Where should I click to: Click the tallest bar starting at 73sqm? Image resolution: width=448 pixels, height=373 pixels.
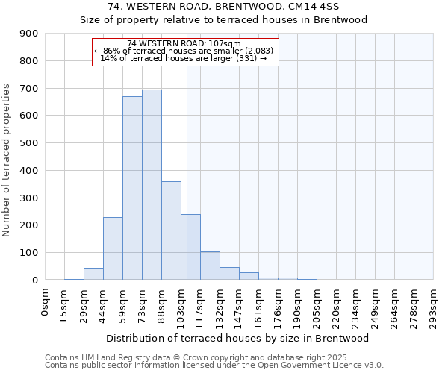(x=152, y=185)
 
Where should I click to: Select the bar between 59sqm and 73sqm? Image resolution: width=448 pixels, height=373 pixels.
(x=132, y=188)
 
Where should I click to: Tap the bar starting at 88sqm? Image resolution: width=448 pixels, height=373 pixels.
(x=171, y=231)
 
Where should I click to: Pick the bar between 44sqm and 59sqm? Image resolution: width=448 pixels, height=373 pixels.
(x=113, y=248)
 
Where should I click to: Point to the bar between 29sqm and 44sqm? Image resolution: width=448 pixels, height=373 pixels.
(x=93, y=274)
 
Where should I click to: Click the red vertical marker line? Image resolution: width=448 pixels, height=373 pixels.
(x=187, y=172)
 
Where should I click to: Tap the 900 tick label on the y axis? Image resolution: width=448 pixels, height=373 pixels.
(x=29, y=34)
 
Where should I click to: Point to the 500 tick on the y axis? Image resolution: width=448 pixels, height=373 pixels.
(x=29, y=143)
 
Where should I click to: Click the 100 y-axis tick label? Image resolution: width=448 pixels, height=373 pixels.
(x=29, y=253)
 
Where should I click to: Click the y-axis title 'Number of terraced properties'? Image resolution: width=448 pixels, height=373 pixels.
(x=7, y=160)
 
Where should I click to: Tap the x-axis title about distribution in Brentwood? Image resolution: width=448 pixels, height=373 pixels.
(x=239, y=338)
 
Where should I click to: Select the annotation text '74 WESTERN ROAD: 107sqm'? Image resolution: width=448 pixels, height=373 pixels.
(x=184, y=43)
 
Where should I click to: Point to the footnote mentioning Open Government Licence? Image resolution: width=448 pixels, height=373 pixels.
(x=214, y=366)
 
